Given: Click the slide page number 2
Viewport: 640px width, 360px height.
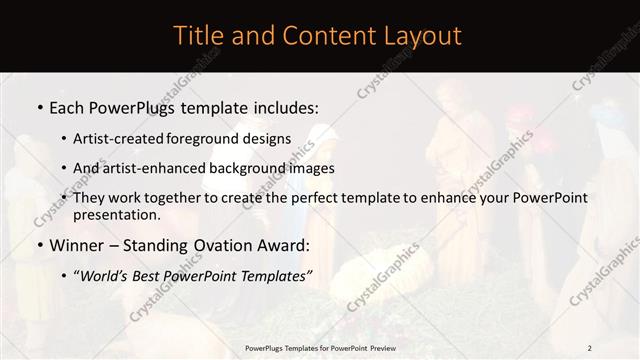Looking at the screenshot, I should (589, 348).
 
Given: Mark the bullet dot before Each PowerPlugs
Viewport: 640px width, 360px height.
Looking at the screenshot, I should (38, 105).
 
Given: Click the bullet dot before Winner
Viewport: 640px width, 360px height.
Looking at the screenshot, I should (38, 245).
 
